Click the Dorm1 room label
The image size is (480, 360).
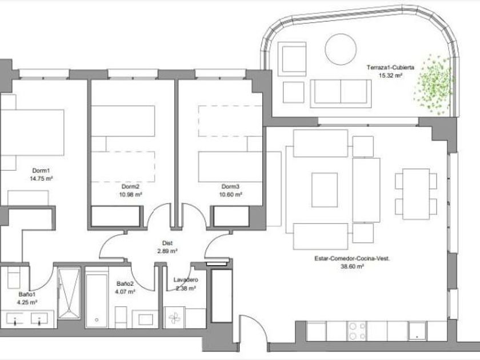41,170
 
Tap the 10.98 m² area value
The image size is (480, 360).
131,194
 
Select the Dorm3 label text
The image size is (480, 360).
230,186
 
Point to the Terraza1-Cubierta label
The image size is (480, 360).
390,67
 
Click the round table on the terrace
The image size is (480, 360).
341,49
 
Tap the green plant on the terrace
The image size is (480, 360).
434,84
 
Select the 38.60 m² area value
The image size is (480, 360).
352,266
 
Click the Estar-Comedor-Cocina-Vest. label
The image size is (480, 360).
352,258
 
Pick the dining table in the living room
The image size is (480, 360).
416,194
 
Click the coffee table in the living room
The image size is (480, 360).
325,190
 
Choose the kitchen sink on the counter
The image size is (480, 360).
417,331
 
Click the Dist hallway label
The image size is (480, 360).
167,243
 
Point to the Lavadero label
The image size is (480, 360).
186,280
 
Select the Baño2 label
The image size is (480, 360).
125,284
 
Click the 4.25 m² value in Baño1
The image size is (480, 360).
27,302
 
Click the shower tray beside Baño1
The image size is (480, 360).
69,294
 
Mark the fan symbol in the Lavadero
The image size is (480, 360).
174,318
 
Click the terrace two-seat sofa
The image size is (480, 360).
341,93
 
